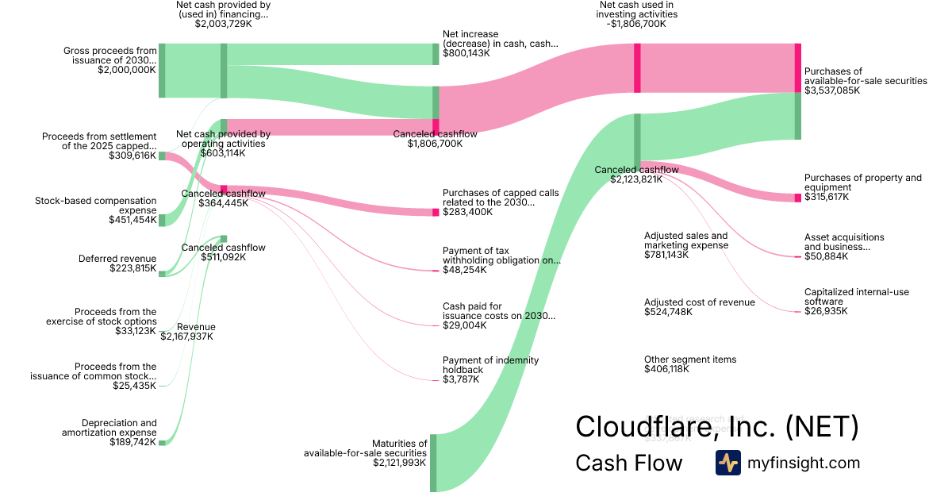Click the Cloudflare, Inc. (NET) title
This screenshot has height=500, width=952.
point(716,426)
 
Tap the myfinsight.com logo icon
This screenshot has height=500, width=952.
point(727,463)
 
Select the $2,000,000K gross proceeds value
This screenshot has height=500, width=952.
point(126,70)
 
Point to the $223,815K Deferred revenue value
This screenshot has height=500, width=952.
point(132,269)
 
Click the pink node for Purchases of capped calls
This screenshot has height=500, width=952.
point(436,212)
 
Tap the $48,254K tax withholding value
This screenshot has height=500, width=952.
point(464,270)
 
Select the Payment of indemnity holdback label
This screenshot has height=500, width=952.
point(490,365)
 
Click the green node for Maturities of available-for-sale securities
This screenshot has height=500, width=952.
point(433,463)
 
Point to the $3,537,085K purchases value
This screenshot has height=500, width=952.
point(831,90)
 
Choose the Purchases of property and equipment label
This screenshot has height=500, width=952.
point(862,183)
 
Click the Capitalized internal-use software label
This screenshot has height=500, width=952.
point(856,297)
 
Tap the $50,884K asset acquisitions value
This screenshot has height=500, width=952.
point(826,256)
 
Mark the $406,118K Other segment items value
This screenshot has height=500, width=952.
point(666,369)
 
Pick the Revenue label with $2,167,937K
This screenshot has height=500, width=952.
point(196,327)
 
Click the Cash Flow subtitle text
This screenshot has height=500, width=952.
point(628,463)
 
